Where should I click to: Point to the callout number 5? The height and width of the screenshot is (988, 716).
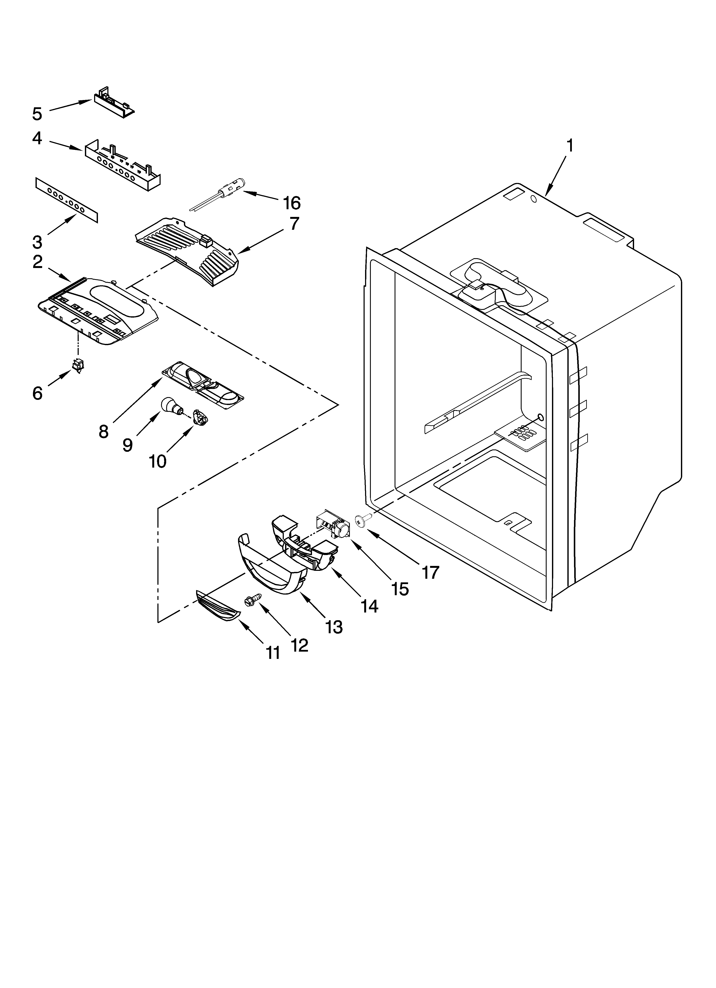point(37,114)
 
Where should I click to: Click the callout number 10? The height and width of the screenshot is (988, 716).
point(158,461)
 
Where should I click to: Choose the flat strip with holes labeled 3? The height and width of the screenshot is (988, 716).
point(66,200)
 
